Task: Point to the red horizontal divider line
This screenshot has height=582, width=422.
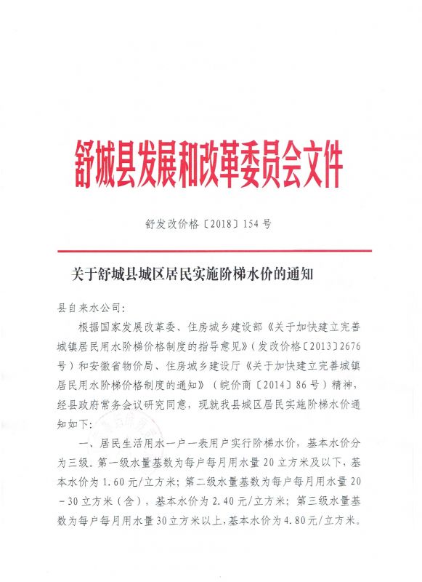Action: point(211,251)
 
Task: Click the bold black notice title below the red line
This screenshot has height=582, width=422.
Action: point(190,274)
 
